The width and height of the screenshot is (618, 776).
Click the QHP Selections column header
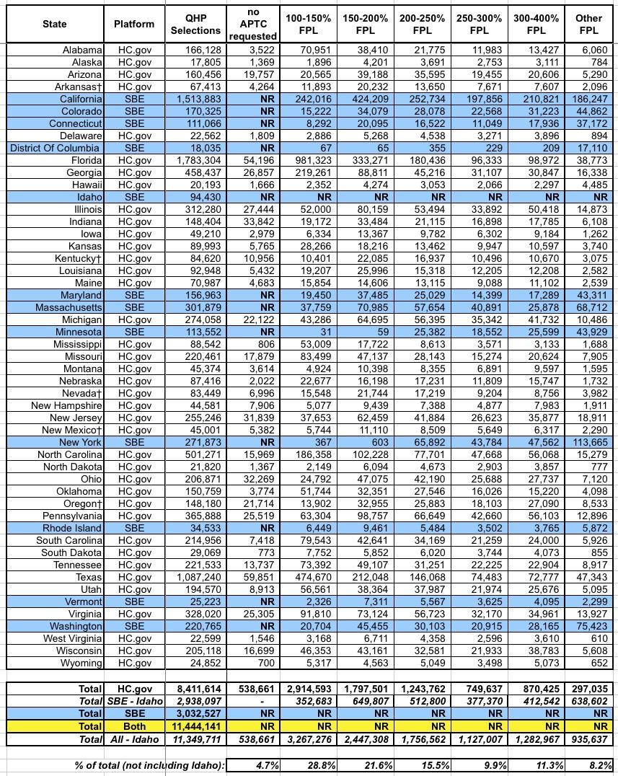195,24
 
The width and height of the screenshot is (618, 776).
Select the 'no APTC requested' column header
252,24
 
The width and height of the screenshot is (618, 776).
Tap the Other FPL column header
588,24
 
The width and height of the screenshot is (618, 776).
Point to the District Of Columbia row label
56,148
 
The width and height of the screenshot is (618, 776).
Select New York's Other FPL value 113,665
588,442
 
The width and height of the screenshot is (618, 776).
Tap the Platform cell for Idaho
133,197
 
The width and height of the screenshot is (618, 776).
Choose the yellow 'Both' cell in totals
133,726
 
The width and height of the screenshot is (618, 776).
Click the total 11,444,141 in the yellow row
195,726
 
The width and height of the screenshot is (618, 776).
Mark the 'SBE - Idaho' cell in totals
133,702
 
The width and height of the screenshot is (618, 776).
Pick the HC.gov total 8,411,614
195,689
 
